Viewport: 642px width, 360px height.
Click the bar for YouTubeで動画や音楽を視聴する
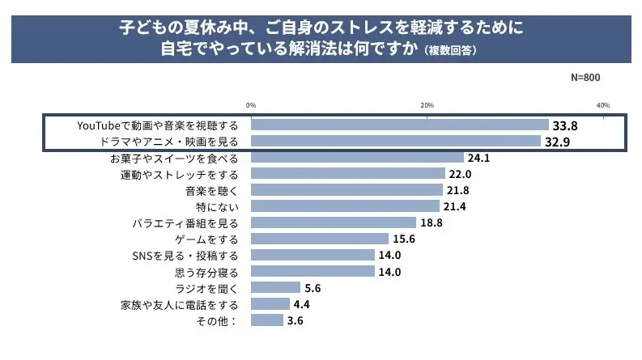[x=400, y=125]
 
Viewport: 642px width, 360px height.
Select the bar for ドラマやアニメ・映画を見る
[x=396, y=142]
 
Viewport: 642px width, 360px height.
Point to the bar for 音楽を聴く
[x=347, y=190]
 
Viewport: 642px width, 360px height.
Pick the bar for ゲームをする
[x=320, y=239]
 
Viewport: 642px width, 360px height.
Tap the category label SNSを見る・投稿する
[x=185, y=255]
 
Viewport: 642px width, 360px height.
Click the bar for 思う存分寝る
[x=312, y=271]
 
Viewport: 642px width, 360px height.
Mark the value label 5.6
[x=313, y=287]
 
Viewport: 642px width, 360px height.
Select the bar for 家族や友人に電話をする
[x=270, y=303]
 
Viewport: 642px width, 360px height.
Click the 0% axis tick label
[x=251, y=105]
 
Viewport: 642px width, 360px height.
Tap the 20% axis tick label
[x=427, y=105]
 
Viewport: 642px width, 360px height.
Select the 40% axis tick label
[x=603, y=105]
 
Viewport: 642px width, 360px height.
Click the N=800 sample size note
[x=585, y=78]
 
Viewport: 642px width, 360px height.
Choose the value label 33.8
[x=564, y=125]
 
